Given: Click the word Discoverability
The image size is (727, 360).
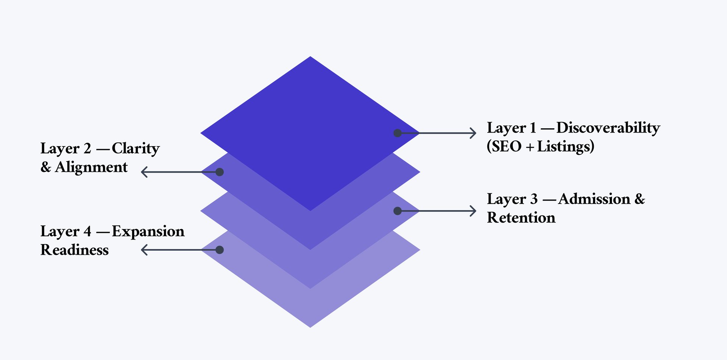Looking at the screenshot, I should (608, 128).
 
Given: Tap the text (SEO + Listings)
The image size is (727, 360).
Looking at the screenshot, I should (540, 146).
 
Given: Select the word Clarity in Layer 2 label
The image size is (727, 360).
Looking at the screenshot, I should (136, 148).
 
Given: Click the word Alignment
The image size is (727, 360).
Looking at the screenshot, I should (91, 167).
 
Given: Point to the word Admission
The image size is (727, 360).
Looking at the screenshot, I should (594, 199).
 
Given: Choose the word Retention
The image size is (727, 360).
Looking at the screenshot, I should (521, 218).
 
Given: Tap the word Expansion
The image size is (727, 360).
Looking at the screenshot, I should (148, 231).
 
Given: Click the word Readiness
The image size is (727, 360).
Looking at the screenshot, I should (75, 250).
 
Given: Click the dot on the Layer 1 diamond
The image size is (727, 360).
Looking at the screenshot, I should (398, 133).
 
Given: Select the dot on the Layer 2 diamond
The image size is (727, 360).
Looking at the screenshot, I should (220, 172).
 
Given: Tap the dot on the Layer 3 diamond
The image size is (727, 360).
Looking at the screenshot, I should (398, 211).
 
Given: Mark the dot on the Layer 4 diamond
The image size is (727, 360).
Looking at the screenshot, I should (220, 250).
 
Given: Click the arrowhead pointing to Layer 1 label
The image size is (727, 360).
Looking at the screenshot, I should (473, 133).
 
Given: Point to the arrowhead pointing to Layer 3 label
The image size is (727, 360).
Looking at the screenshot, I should (473, 211).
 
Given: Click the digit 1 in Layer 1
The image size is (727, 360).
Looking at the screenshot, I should (533, 128).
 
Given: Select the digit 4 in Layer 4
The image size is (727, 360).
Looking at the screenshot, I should (87, 231).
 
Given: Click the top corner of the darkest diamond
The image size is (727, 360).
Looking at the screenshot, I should (310, 58).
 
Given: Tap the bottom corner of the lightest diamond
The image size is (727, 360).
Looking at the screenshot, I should (310, 326).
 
